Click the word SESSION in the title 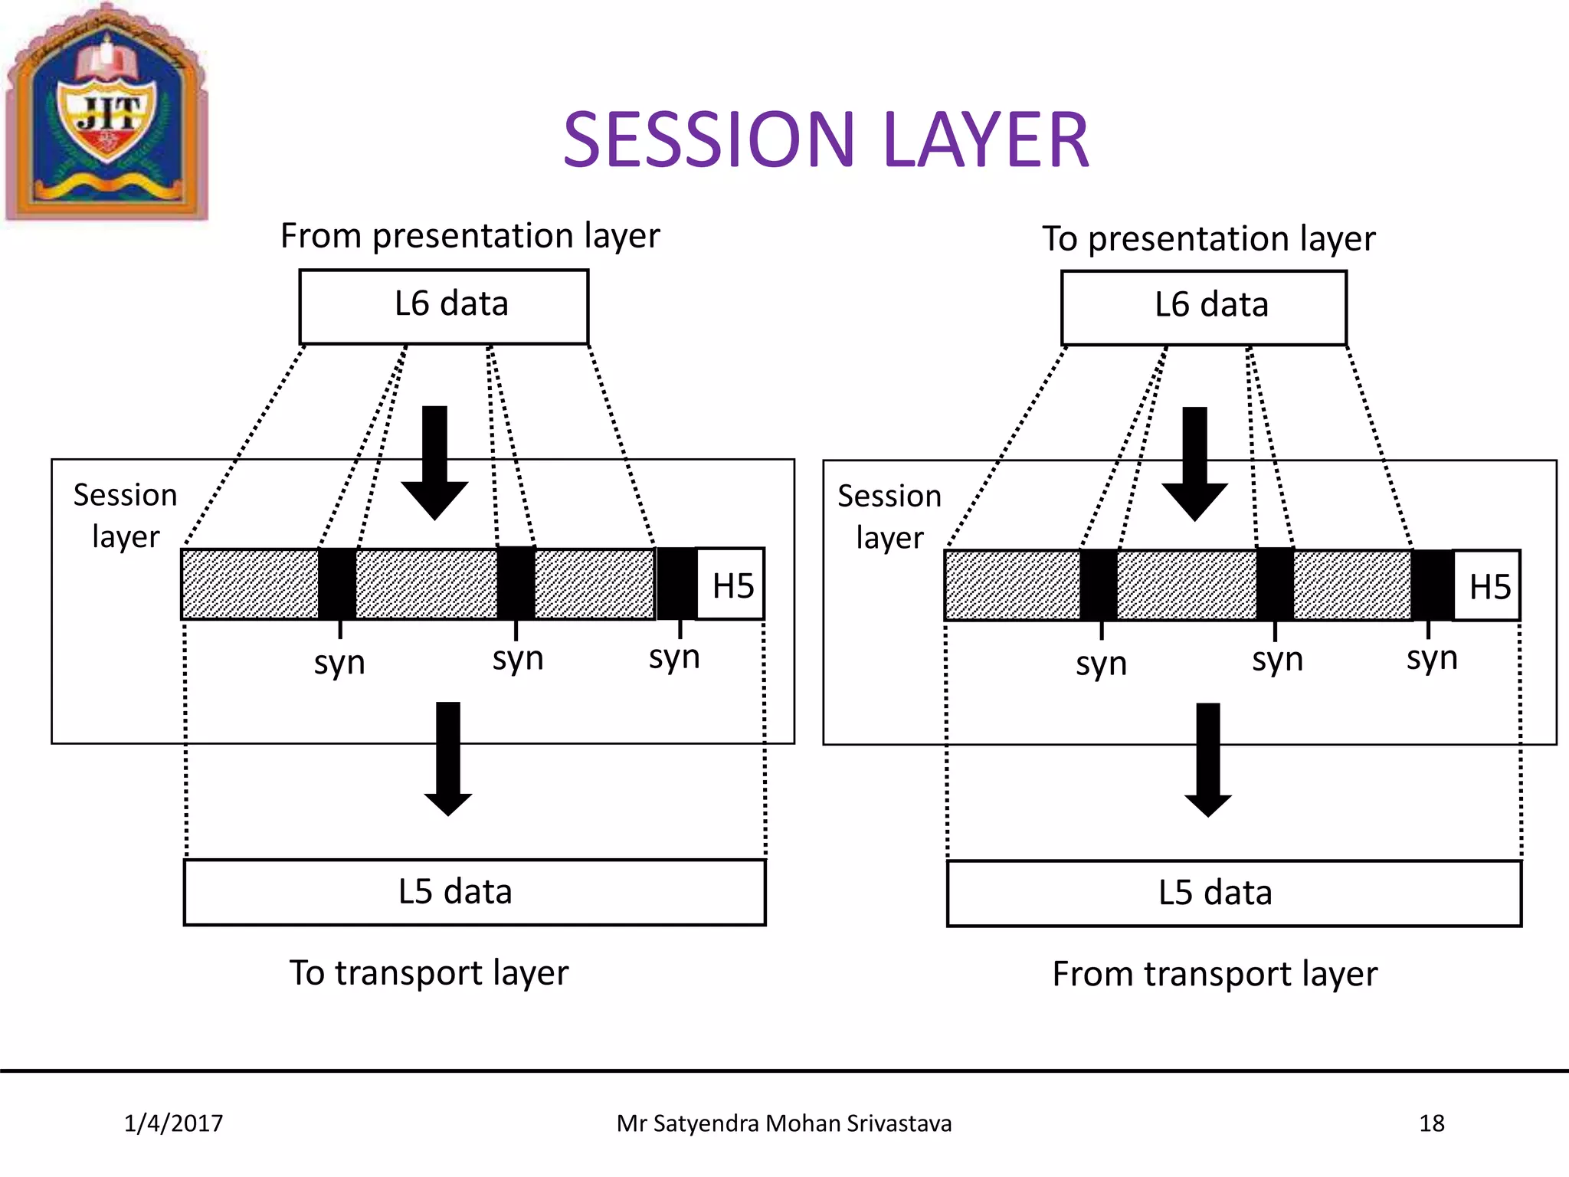[x=709, y=139]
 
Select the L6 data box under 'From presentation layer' [x=444, y=306]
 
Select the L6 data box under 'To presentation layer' [x=1204, y=307]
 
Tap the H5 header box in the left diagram [x=732, y=585]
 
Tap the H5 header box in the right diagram [x=1488, y=587]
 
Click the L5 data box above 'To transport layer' [x=474, y=892]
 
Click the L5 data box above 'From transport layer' [x=1233, y=893]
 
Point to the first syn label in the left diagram [x=339, y=662]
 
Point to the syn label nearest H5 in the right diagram [x=1431, y=657]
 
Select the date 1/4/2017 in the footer [x=173, y=1123]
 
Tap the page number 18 [x=1431, y=1123]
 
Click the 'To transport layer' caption [x=429, y=973]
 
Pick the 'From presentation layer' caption [x=470, y=235]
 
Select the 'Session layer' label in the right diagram [x=889, y=516]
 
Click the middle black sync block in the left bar [x=516, y=584]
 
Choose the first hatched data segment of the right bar [x=1013, y=585]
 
